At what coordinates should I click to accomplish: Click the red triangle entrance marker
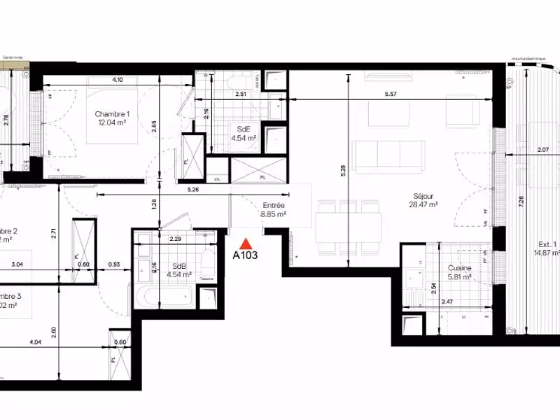coord(246,244)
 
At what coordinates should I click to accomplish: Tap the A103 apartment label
coord(246,256)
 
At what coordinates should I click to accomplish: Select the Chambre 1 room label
coord(113,114)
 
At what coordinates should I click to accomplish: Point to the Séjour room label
coord(423,197)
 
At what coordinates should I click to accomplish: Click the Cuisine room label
coord(459,268)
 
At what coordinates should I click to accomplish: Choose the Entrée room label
coord(274,205)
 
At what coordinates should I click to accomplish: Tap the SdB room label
coord(178,267)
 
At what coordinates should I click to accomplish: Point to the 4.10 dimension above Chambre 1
coord(117,80)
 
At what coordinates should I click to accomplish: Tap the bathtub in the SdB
coord(166,295)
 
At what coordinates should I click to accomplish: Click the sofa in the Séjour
coord(389,155)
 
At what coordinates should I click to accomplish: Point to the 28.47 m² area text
coord(423,205)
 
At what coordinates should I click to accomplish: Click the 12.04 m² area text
coord(113,122)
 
